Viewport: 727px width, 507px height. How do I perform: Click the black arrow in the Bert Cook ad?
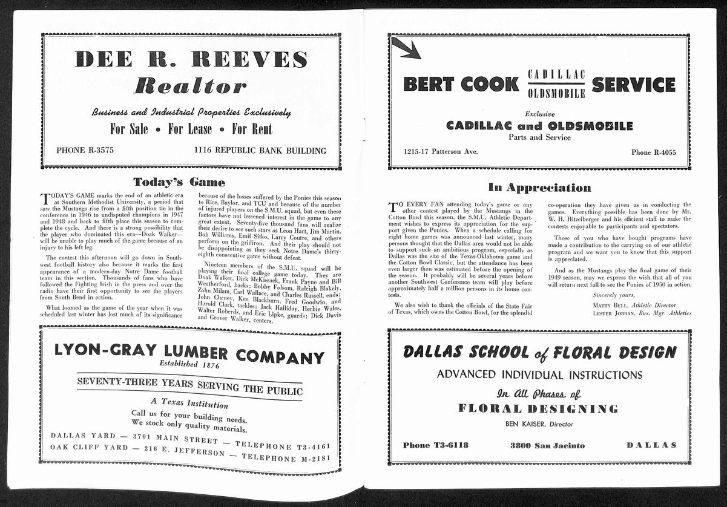click(406, 48)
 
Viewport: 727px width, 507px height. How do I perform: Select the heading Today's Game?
click(179, 182)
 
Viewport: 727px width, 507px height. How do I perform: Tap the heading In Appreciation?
click(539, 188)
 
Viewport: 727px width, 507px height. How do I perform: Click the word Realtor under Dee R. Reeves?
click(191, 86)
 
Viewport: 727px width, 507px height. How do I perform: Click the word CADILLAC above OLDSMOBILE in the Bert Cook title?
click(556, 74)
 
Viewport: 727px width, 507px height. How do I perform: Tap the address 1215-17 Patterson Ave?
click(441, 151)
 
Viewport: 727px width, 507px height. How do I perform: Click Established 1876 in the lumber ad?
click(189, 364)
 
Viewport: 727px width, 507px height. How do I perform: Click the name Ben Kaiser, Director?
click(539, 424)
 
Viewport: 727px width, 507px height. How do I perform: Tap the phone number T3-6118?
click(435, 445)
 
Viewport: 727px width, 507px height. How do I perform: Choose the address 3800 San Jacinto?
click(547, 445)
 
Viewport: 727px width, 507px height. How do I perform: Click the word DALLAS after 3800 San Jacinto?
click(651, 445)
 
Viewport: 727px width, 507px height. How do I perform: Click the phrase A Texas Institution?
click(189, 403)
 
